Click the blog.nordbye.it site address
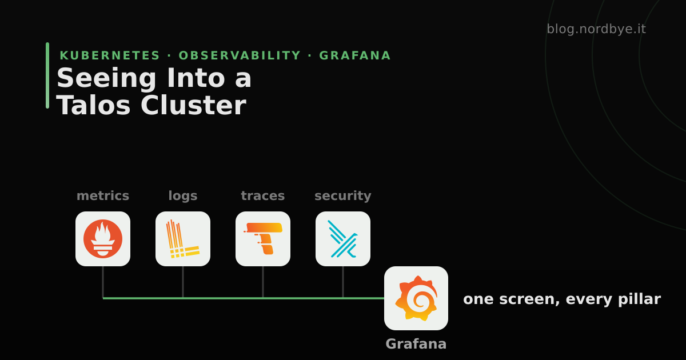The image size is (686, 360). tap(596, 29)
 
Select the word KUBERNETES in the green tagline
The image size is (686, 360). tap(110, 55)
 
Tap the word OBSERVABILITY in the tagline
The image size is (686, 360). tap(240, 55)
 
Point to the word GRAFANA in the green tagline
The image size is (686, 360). tap(355, 55)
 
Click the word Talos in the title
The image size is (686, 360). tap(93, 106)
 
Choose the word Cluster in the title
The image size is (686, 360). tap(194, 105)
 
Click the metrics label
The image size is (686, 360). tap(103, 195)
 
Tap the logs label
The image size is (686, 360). tap(183, 196)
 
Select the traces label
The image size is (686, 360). tap(263, 196)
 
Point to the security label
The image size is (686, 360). tap(342, 196)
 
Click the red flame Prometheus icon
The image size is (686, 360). tap(103, 239)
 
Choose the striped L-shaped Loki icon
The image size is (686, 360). tap(183, 239)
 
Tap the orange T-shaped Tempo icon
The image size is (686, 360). tap(263, 238)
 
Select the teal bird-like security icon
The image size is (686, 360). tap(342, 239)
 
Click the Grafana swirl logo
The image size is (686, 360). tap(416, 298)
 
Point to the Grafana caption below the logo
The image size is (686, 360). tap(416, 344)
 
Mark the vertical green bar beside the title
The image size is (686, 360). tap(47, 75)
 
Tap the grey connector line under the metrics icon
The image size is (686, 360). tap(103, 282)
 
